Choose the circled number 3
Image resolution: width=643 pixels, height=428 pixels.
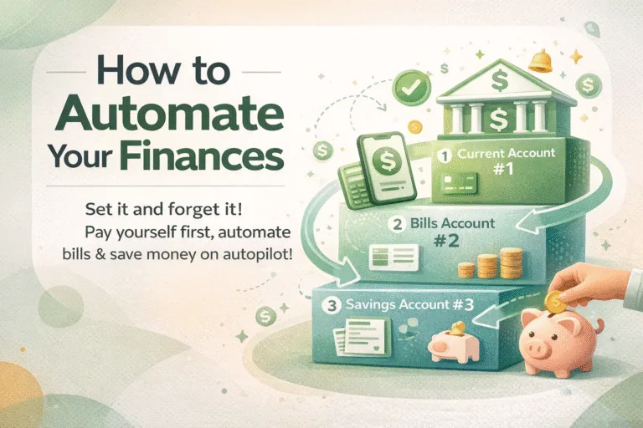tap(333, 306)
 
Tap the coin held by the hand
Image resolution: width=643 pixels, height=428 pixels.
tap(553, 301)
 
